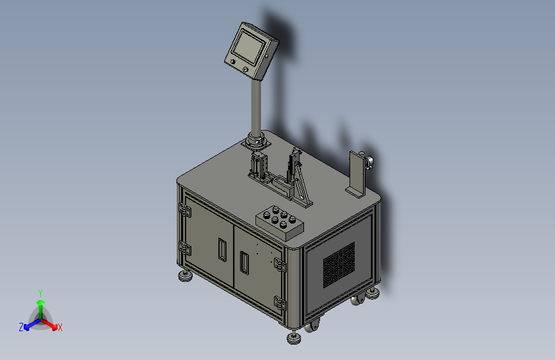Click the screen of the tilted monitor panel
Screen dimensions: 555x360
pos(249,47)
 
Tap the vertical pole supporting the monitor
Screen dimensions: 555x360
pos(256,106)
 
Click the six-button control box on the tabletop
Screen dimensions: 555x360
pos(280,222)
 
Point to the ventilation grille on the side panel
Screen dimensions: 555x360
pos(339,265)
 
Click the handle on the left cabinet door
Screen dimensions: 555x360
pos(222,249)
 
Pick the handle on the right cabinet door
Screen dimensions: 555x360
pos(245,262)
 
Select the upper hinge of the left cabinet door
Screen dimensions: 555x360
pos(184,209)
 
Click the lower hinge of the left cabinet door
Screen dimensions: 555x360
pos(184,248)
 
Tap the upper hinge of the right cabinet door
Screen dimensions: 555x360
pos(280,265)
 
